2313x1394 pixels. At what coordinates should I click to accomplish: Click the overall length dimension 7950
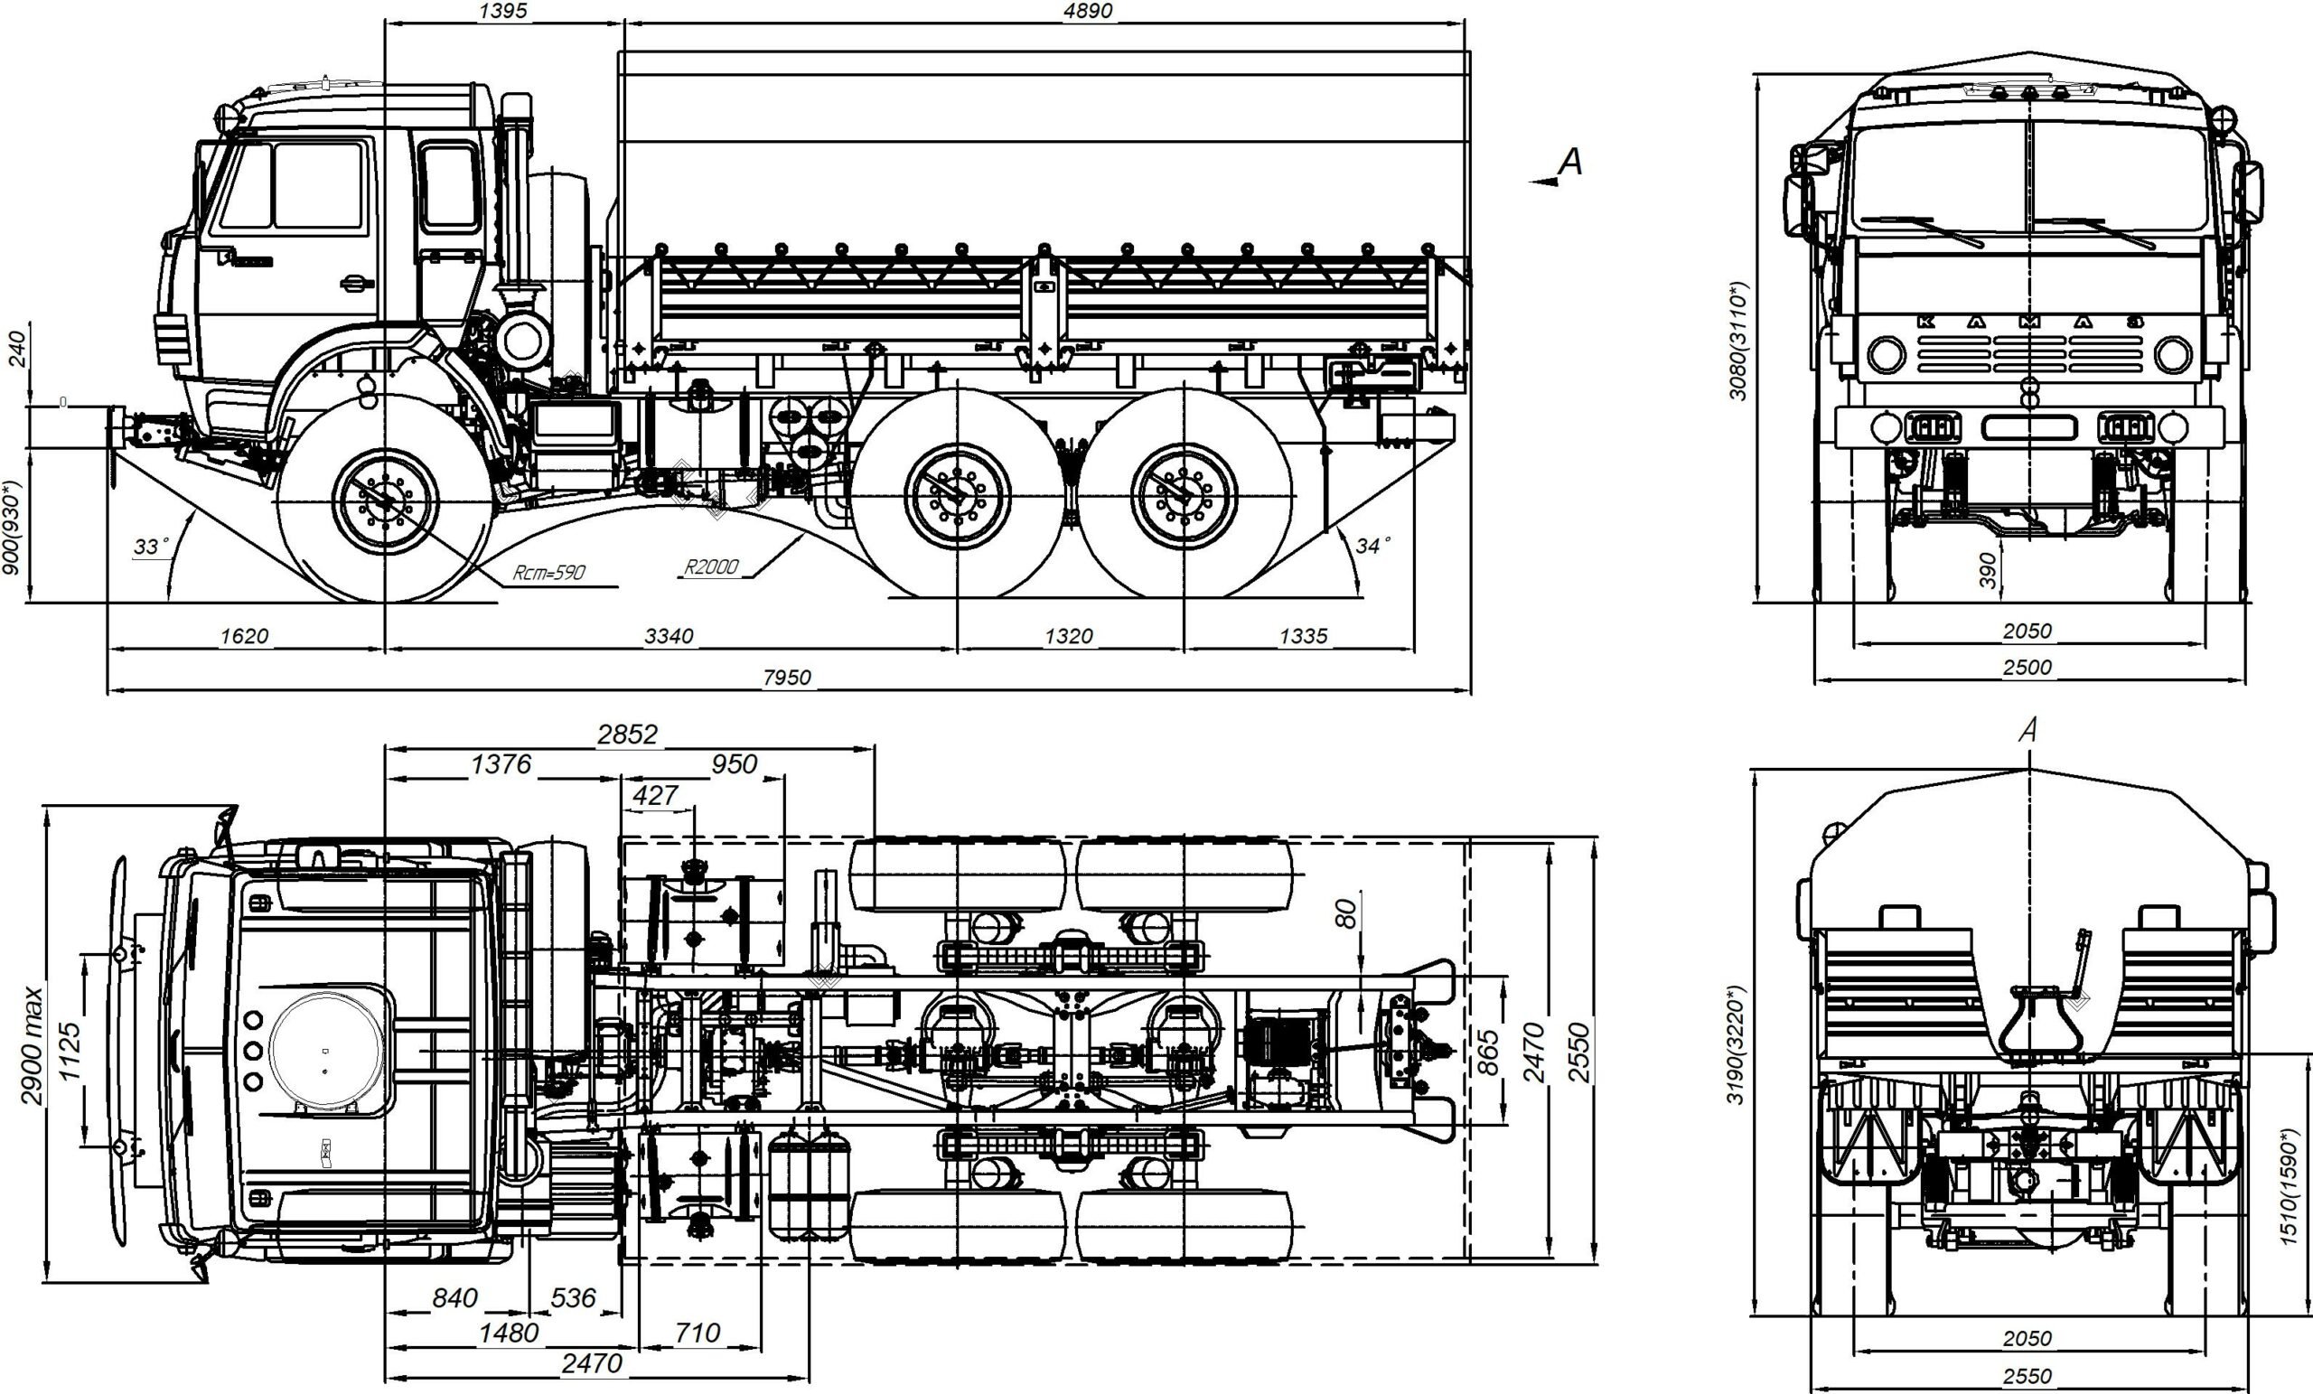[787, 677]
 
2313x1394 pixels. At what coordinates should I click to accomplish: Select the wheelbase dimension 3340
[669, 635]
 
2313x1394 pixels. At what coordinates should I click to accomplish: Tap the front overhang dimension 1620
[244, 635]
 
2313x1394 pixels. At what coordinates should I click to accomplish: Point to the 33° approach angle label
[151, 547]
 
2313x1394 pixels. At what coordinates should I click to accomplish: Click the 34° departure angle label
[1373, 546]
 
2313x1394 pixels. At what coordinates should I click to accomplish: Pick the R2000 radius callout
[710, 566]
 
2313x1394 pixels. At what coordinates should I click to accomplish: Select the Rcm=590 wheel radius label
[549, 572]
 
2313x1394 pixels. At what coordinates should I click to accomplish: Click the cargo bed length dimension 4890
[1088, 10]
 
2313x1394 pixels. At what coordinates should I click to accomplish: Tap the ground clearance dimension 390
[1986, 570]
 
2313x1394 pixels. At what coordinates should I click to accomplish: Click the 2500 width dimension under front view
[2027, 668]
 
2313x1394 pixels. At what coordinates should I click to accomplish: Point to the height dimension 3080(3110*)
[1738, 341]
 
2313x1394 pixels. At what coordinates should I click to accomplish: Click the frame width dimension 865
[1487, 1053]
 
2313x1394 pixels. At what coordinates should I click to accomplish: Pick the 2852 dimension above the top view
[628, 734]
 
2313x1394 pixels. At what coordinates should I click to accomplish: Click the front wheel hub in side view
[385, 501]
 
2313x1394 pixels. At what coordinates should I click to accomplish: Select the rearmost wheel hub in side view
[1185, 495]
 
